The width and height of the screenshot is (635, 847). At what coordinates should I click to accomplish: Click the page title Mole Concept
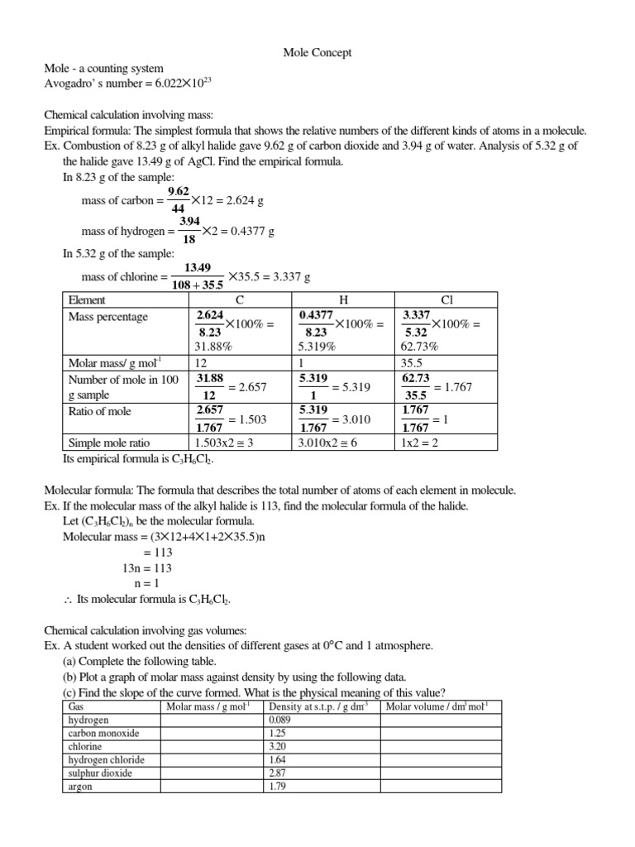click(317, 52)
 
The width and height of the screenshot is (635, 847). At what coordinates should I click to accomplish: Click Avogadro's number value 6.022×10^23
click(180, 84)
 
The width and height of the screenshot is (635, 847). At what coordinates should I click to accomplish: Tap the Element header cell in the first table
click(87, 299)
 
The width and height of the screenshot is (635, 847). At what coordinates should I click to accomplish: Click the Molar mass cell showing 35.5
click(412, 362)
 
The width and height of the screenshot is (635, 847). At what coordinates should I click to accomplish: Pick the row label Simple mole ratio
click(109, 443)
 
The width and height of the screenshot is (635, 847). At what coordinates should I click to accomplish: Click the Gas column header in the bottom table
click(76, 706)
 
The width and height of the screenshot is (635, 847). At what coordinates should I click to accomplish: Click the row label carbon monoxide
click(103, 733)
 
